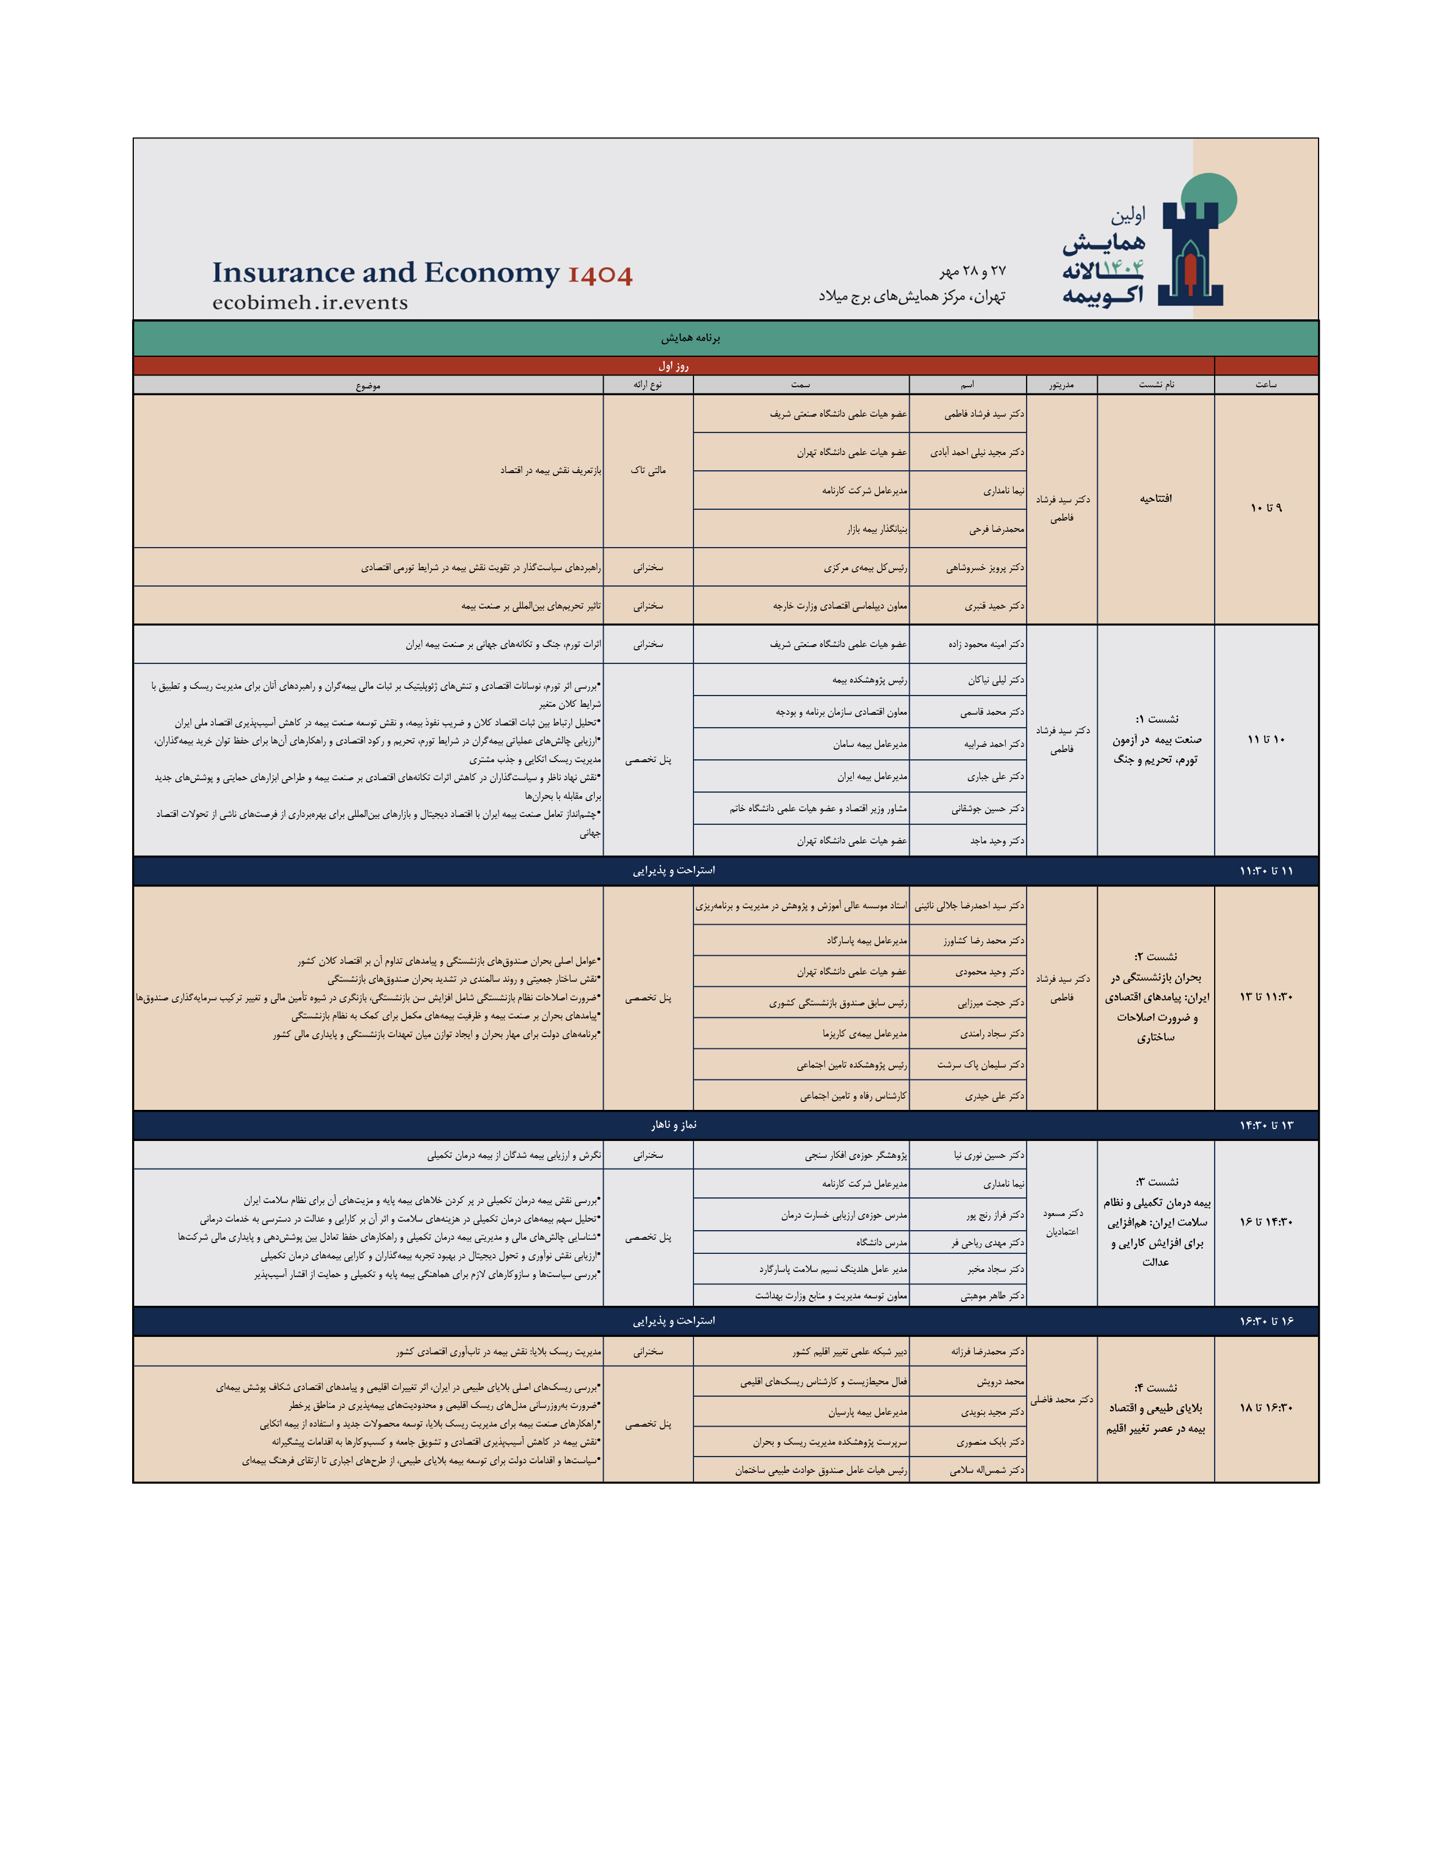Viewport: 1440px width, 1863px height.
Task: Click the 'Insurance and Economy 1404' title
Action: (422, 273)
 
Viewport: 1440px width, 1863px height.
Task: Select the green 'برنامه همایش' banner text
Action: (690, 338)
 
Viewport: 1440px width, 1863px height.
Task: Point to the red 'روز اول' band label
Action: (673, 366)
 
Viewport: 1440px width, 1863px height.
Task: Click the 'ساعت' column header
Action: (1266, 384)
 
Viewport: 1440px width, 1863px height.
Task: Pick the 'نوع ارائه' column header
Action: (648, 384)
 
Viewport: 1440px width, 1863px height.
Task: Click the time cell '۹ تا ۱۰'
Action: (1266, 509)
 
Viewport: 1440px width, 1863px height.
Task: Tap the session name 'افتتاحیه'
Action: (1156, 498)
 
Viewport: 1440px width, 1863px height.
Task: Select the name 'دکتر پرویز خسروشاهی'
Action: (985, 568)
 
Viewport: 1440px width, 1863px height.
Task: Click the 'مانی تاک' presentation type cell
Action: (648, 470)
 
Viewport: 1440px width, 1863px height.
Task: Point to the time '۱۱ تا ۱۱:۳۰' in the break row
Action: (1266, 871)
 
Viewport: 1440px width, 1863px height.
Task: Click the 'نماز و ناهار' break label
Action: (673, 1125)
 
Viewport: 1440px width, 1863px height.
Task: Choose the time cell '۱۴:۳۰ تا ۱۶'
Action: (1266, 1222)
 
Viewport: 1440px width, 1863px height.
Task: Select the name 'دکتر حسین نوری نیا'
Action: (989, 1156)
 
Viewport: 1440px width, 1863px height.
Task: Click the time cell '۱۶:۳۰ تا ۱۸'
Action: (1266, 1409)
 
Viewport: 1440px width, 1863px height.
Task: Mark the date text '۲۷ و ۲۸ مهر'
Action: (972, 271)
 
